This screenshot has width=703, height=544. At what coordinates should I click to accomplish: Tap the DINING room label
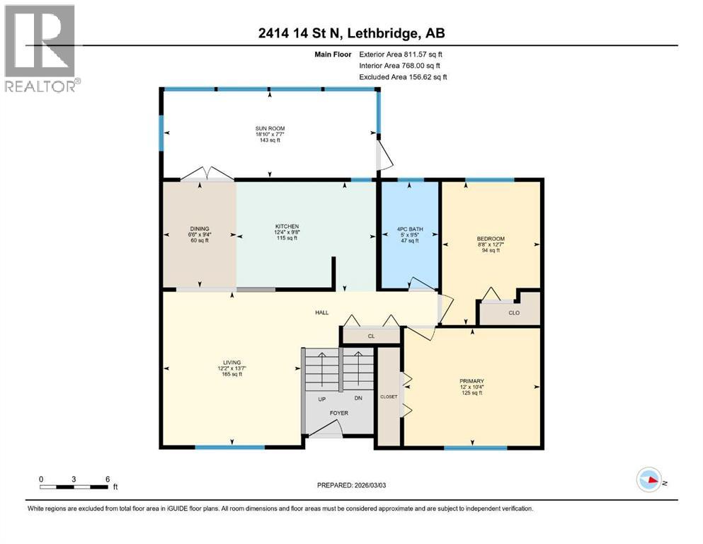coord(199,229)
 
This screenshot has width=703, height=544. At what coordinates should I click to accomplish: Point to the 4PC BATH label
coord(408,229)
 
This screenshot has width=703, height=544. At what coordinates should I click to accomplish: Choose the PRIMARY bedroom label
coord(471,381)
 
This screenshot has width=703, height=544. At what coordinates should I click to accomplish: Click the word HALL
coord(322,312)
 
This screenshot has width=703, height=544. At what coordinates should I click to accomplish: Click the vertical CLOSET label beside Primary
coord(389,397)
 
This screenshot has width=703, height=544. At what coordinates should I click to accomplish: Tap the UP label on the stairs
coord(322,398)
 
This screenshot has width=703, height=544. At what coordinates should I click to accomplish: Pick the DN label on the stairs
coord(358,398)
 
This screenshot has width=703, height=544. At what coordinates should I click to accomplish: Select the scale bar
coord(74,487)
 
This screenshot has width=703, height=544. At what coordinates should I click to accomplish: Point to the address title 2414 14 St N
coord(351,33)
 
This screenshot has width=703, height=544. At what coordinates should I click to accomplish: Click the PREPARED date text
coord(351,485)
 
